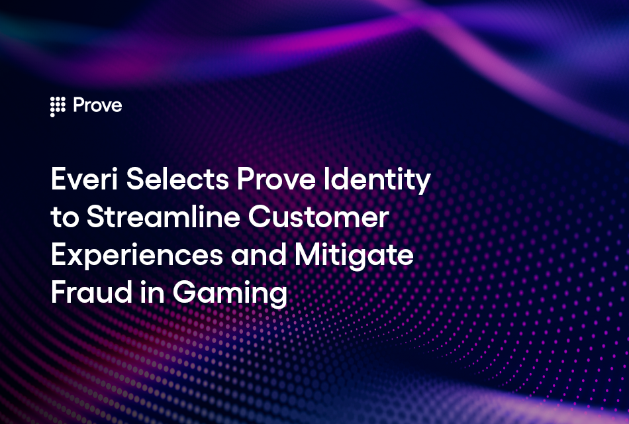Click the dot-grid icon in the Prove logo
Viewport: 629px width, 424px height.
pyautogui.click(x=58, y=107)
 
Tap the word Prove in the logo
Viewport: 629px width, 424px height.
pyautogui.click(x=97, y=106)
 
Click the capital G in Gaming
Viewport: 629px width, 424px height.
pyautogui.click(x=185, y=294)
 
